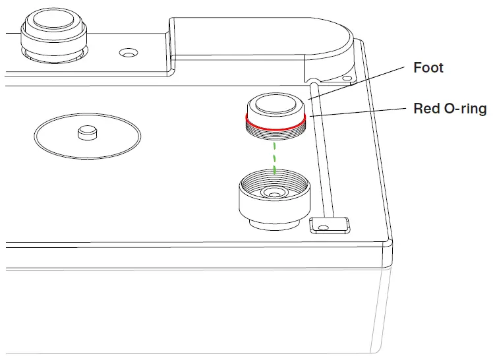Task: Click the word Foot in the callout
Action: pos(428,68)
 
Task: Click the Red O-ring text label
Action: pos(449,109)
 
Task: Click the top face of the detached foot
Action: pos(275,104)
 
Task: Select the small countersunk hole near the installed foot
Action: pos(129,51)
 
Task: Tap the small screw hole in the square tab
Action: pos(322,226)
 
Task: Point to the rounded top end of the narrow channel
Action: pos(314,82)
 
